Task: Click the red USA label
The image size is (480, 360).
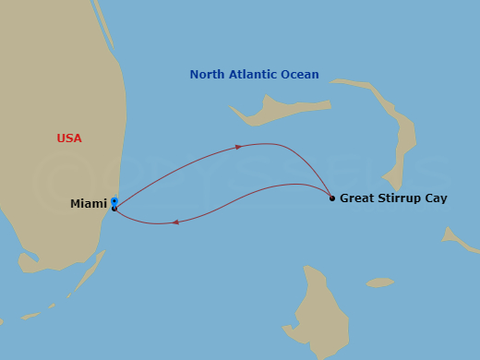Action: pyautogui.click(x=69, y=138)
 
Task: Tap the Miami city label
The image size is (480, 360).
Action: pyautogui.click(x=88, y=204)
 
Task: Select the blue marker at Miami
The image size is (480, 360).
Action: pyautogui.click(x=114, y=201)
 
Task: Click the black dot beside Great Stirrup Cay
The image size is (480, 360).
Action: pyautogui.click(x=332, y=198)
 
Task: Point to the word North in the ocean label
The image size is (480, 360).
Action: pyautogui.click(x=208, y=75)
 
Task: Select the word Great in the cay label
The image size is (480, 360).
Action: pyautogui.click(x=357, y=198)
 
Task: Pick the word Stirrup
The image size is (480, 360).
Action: pyautogui.click(x=400, y=198)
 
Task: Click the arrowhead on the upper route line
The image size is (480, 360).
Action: pyautogui.click(x=240, y=147)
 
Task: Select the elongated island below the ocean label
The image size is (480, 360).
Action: pyautogui.click(x=268, y=111)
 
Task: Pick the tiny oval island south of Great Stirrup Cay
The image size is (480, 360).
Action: pyautogui.click(x=379, y=282)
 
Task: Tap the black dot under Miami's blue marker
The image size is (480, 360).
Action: pyautogui.click(x=114, y=209)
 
